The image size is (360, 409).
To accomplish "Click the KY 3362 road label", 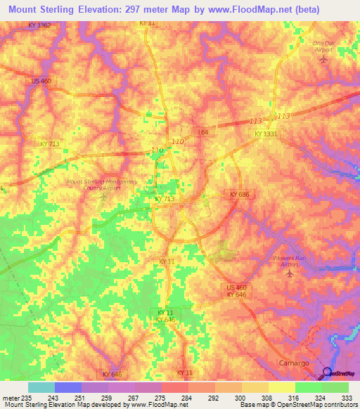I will (x=40, y=25).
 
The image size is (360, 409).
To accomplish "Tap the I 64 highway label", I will (x=203, y=132).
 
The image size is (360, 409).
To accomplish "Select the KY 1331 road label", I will (x=266, y=133).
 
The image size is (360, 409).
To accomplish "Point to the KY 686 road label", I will (x=240, y=194).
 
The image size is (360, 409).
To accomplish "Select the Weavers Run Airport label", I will (x=290, y=261).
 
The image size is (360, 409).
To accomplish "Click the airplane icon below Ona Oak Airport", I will (x=323, y=59).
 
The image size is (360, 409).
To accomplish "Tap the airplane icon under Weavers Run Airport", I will (x=290, y=273).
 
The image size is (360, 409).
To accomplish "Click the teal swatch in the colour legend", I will (x=41, y=387).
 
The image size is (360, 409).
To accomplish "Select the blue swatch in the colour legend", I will (x=68, y=387).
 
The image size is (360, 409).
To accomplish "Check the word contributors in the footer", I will (x=340, y=405).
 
